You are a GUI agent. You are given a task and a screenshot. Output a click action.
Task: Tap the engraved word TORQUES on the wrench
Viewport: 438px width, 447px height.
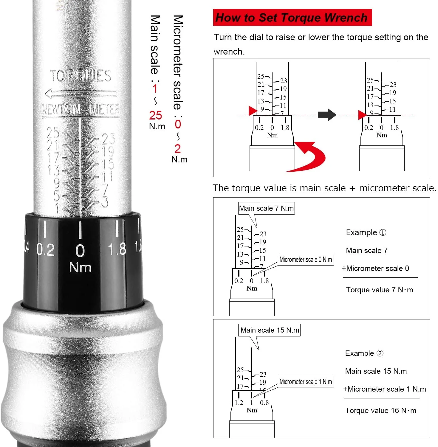pyautogui.click(x=81, y=76)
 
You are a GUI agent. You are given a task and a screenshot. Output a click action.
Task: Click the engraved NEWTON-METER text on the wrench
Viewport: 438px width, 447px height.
pyautogui.click(x=81, y=110)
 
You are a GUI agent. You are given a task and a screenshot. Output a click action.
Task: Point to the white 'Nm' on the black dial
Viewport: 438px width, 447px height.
pyautogui.click(x=80, y=267)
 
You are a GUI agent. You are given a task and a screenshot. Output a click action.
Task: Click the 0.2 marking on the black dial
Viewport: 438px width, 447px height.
pyautogui.click(x=45, y=250)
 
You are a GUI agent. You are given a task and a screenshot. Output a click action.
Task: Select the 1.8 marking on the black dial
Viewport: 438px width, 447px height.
pyautogui.click(x=117, y=249)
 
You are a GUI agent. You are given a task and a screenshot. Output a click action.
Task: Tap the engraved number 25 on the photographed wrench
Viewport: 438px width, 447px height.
pyautogui.click(x=53, y=133)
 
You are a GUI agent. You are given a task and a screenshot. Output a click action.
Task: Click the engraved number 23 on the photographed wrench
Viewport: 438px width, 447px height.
pyautogui.click(x=108, y=139)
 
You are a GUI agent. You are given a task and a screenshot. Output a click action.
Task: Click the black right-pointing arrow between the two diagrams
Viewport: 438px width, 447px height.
pyautogui.click(x=327, y=115)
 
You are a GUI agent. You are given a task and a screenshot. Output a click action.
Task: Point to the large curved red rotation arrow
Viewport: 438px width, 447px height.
pyautogui.click(x=310, y=156)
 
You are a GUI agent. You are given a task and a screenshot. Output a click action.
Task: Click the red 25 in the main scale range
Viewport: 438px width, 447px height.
pyautogui.click(x=156, y=115)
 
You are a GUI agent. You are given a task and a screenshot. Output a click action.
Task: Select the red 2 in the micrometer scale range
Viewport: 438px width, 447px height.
pyautogui.click(x=178, y=148)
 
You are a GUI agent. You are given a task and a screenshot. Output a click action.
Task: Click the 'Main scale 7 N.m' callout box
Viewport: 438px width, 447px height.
pyautogui.click(x=266, y=208)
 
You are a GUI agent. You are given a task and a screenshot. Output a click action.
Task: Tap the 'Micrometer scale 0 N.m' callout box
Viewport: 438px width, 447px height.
pyautogui.click(x=306, y=260)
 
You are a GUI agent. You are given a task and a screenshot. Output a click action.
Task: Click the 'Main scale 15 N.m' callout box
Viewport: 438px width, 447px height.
pyautogui.click(x=269, y=330)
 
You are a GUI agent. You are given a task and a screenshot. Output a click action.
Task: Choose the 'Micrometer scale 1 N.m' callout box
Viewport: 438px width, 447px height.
pyautogui.click(x=306, y=382)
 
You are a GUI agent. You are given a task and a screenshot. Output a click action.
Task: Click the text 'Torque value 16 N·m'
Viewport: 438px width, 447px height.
pyautogui.click(x=380, y=410)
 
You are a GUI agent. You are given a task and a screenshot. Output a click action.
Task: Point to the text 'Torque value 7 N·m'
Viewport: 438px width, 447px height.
pyautogui.click(x=379, y=290)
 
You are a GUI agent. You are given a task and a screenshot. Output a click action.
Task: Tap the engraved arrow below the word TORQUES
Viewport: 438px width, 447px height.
pyautogui.click(x=81, y=94)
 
